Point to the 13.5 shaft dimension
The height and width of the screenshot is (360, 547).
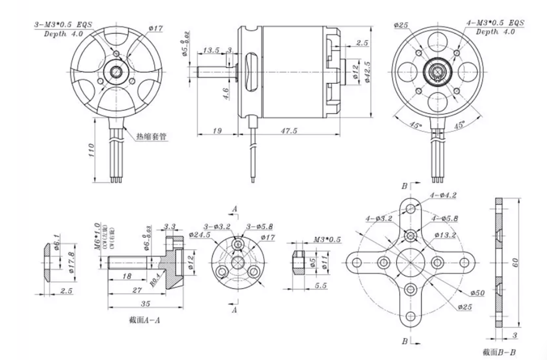(212, 50)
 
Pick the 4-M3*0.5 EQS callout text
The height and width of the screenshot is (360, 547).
(495, 24)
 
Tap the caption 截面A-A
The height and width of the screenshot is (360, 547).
(146, 320)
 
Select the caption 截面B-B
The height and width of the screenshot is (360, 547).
(504, 352)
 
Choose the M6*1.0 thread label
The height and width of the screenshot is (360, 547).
(97, 236)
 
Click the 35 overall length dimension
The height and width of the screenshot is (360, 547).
(145, 304)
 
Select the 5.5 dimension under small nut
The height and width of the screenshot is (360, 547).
(322, 286)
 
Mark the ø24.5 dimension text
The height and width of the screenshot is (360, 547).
(200, 234)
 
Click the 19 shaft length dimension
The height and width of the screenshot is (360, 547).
(217, 130)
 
